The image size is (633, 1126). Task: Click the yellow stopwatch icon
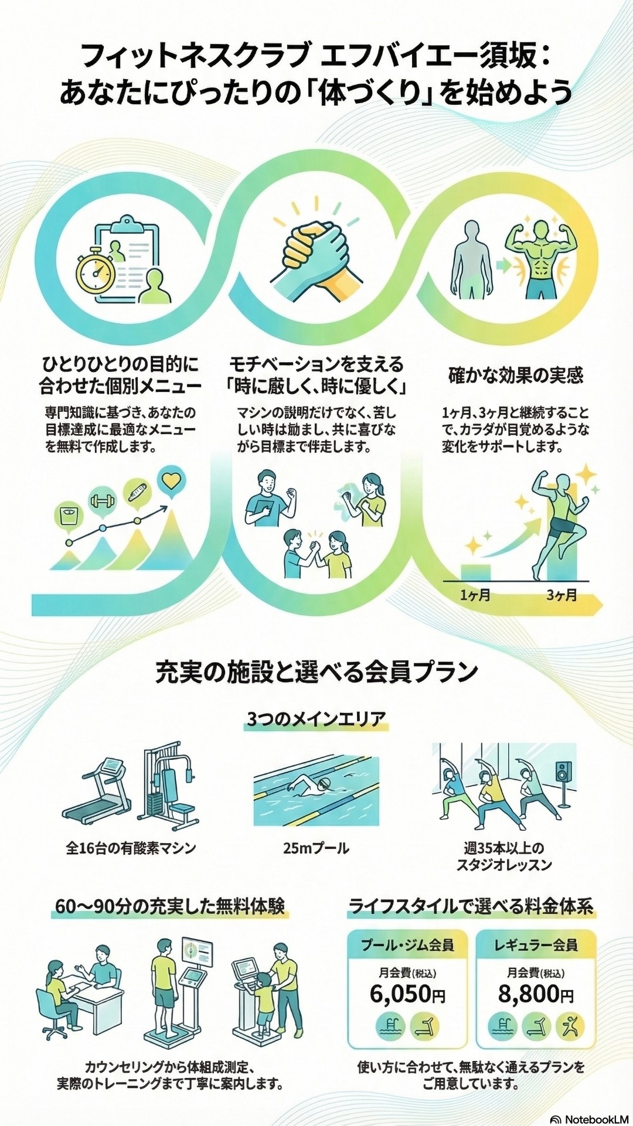pyautogui.click(x=96, y=272)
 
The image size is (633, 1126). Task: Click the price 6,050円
pyautogui.click(x=407, y=994)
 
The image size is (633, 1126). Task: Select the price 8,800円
pyautogui.click(x=536, y=994)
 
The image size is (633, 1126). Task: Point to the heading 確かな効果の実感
pyautogui.click(x=516, y=375)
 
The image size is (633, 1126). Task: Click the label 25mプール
pyautogui.click(x=316, y=848)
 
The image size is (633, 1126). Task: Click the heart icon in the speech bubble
pyautogui.click(x=171, y=482)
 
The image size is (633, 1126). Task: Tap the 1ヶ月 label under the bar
pyautogui.click(x=475, y=596)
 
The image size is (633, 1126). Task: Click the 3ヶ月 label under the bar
pyautogui.click(x=561, y=596)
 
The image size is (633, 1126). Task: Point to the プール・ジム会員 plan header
pyautogui.click(x=407, y=945)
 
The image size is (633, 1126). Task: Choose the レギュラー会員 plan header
pyautogui.click(x=536, y=945)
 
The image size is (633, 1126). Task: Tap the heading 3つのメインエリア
pyautogui.click(x=316, y=719)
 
